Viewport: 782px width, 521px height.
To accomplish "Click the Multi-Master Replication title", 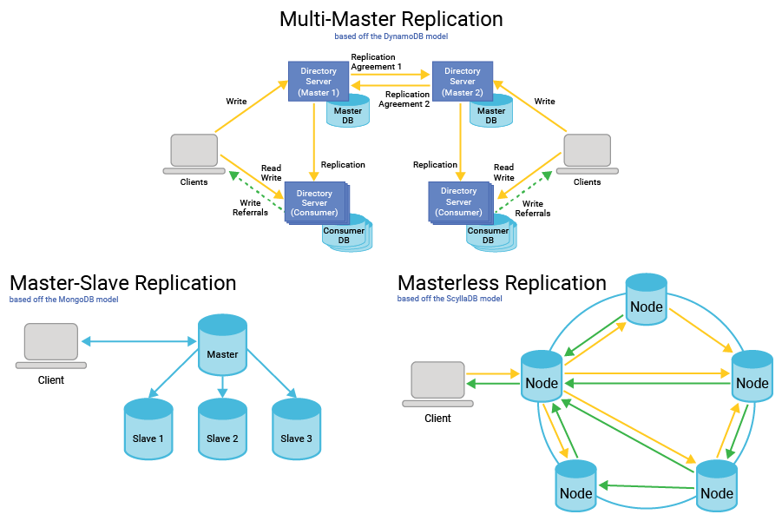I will click(x=391, y=19).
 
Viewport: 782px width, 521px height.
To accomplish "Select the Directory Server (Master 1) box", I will click(x=319, y=82).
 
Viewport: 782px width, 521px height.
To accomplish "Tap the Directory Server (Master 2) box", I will click(x=462, y=82).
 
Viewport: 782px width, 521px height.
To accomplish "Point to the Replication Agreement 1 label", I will click(x=376, y=62).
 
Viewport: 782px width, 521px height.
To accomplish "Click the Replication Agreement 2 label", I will click(x=407, y=99).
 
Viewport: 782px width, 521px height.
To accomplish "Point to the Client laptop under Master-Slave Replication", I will click(x=51, y=346).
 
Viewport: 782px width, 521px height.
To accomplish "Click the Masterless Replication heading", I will click(x=502, y=283).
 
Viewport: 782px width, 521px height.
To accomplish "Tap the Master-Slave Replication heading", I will click(x=122, y=283).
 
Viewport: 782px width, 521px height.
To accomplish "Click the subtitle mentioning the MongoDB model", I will click(x=63, y=300).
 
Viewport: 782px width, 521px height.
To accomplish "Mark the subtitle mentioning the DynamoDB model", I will click(x=391, y=36).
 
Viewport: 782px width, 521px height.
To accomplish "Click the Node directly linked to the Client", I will click(x=542, y=379).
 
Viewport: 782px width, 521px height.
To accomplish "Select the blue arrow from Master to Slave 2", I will click(x=222, y=386).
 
